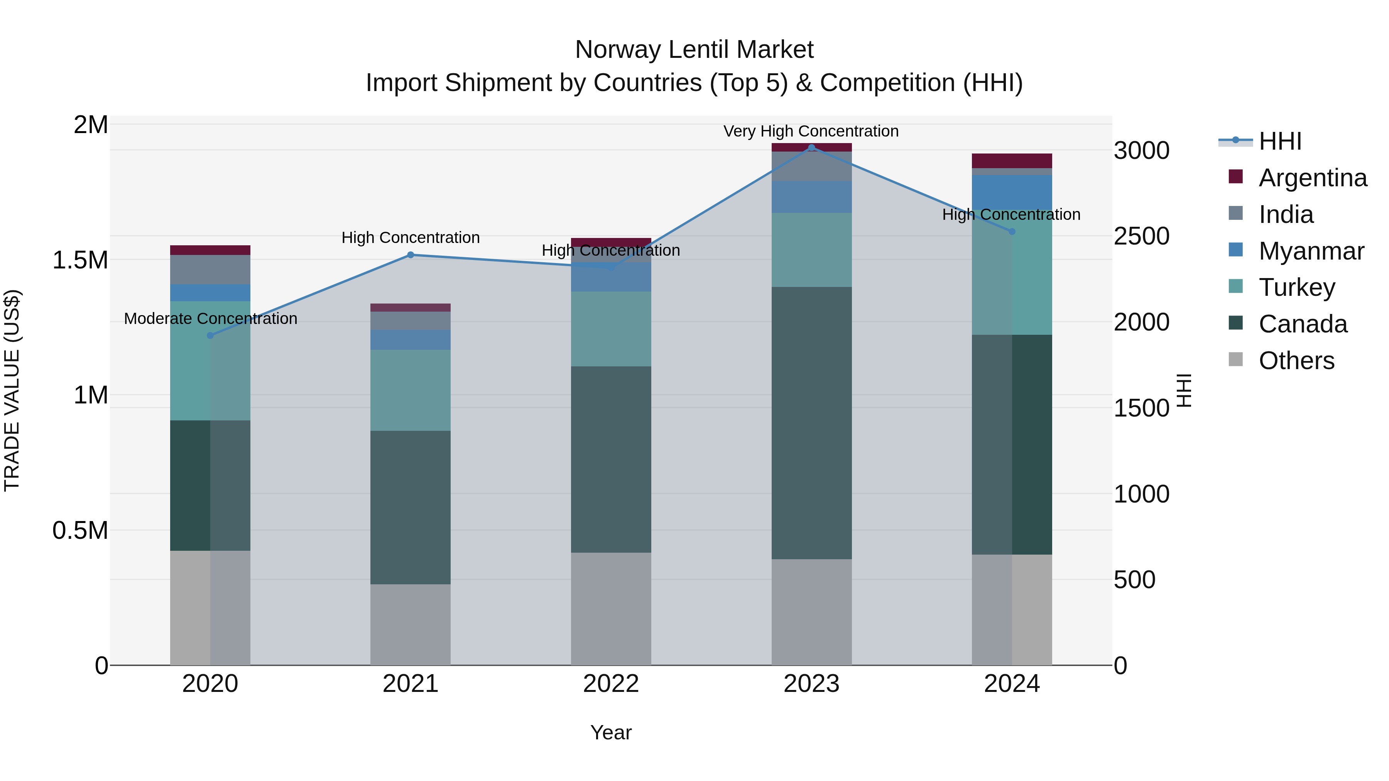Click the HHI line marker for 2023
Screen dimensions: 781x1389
pyautogui.click(x=811, y=147)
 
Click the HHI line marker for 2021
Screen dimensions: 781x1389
pyautogui.click(x=411, y=255)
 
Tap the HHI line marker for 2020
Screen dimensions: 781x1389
pyautogui.click(x=210, y=335)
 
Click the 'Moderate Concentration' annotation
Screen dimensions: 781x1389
pyautogui.click(x=210, y=319)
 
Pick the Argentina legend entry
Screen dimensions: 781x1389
pyautogui.click(x=1313, y=178)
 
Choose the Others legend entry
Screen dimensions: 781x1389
pyautogui.click(x=1296, y=361)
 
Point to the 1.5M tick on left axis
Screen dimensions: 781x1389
pyautogui.click(x=80, y=260)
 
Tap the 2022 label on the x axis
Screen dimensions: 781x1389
pyautogui.click(x=611, y=684)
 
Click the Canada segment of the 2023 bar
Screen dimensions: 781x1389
pyautogui.click(x=811, y=423)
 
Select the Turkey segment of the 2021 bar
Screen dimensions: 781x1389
pyautogui.click(x=411, y=390)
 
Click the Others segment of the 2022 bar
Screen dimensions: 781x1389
pyautogui.click(x=611, y=609)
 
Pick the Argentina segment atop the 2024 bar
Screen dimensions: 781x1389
pyautogui.click(x=1012, y=160)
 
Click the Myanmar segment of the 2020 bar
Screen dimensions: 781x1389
pyautogui.click(x=210, y=293)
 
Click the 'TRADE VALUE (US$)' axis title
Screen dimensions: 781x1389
pyautogui.click(x=12, y=391)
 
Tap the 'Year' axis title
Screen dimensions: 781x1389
pyautogui.click(x=611, y=732)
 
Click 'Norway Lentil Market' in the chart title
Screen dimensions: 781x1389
pyautogui.click(x=694, y=50)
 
